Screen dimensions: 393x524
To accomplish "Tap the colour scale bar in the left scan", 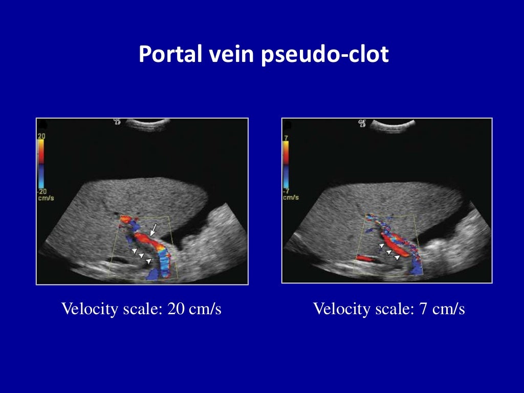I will pos(41,164).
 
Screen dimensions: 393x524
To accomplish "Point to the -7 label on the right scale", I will pos(287,191).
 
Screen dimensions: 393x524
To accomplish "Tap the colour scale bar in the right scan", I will pos(286,164).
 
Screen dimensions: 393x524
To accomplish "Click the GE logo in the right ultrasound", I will pos(362,123).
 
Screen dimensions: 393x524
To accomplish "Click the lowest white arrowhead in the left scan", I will pos(148,260).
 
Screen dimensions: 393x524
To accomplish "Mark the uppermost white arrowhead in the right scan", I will pos(381,247).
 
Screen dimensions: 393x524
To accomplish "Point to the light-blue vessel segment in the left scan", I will pos(165,264).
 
